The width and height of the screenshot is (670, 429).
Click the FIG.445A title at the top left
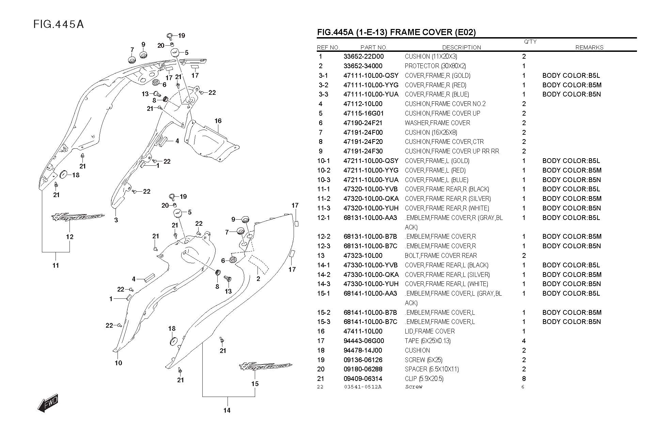pyautogui.click(x=59, y=24)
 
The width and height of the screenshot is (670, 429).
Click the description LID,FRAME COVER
pyautogui.click(x=430, y=331)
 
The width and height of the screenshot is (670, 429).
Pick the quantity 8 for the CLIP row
pyautogui.click(x=524, y=379)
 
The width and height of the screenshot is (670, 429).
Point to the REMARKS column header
pyautogui.click(x=589, y=47)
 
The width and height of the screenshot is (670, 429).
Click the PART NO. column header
pyautogui.click(x=374, y=47)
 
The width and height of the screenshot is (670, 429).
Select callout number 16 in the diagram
pyautogui.click(x=218, y=121)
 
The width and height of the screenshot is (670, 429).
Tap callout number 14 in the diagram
pyautogui.click(x=227, y=410)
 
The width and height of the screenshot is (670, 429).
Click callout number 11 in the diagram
pyautogui.click(x=56, y=265)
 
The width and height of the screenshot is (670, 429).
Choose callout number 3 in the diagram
pyautogui.click(x=116, y=220)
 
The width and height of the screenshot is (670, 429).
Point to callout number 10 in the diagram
pyautogui.click(x=118, y=363)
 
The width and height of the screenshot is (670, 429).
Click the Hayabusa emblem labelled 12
pyautogui.click(x=78, y=217)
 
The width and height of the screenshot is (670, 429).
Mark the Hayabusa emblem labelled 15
pyautogui.click(x=266, y=367)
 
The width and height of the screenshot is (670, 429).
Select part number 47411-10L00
pyautogui.click(x=363, y=331)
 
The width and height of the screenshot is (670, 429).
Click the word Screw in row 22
pyautogui.click(x=414, y=387)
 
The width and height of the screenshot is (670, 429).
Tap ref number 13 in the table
pyautogui.click(x=321, y=255)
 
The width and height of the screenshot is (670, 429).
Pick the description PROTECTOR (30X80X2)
pyautogui.click(x=435, y=66)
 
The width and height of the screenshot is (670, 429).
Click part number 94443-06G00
pyautogui.click(x=363, y=341)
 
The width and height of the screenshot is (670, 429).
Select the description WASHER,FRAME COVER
pyautogui.click(x=437, y=123)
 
